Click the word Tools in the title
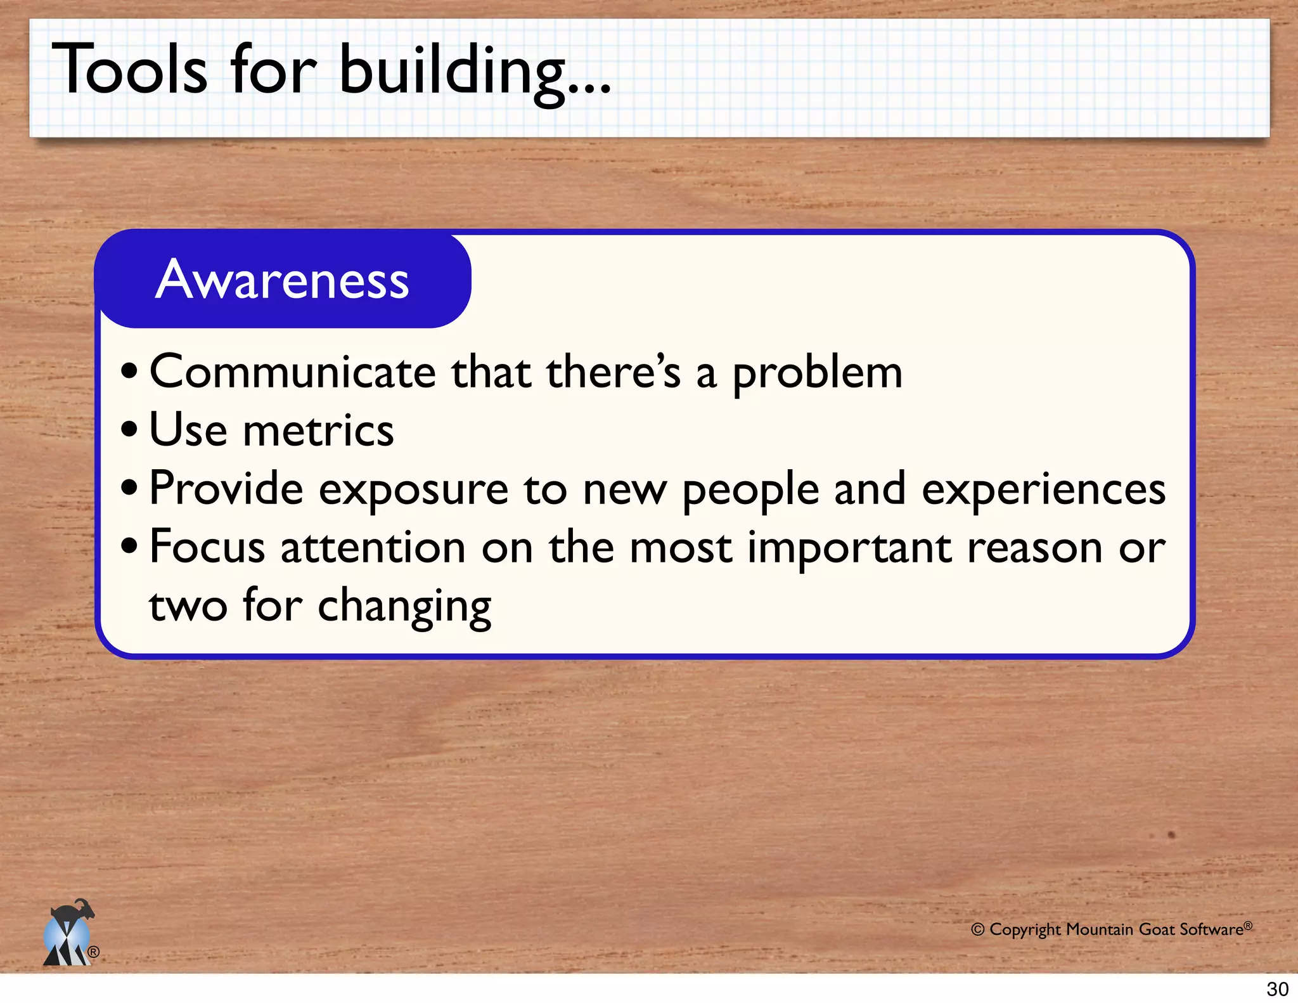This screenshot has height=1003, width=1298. pyautogui.click(x=129, y=70)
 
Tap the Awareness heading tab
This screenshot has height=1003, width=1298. pyautogui.click(x=283, y=280)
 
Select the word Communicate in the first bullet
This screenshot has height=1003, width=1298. pyautogui.click(x=292, y=372)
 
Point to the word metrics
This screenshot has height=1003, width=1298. pyautogui.click(x=318, y=430)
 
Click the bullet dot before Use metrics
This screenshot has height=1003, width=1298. pyautogui.click(x=129, y=429)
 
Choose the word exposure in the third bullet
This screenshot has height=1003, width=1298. pyautogui.click(x=413, y=490)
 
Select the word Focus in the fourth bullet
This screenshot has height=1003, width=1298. pyautogui.click(x=207, y=547)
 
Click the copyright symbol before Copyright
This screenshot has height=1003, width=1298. pyautogui.click(x=978, y=930)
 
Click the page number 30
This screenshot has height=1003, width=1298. pyautogui.click(x=1277, y=989)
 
